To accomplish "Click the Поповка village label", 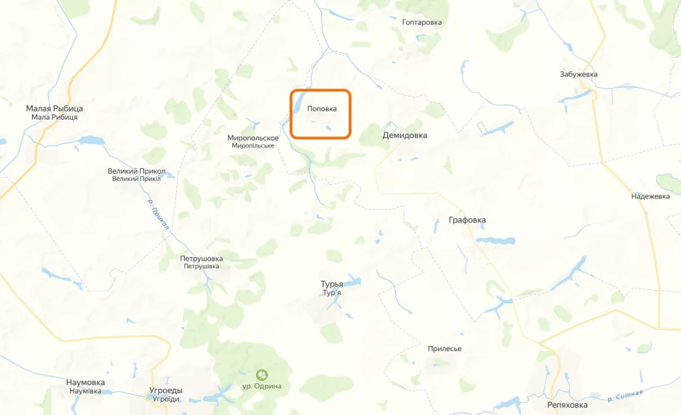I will pos(322,109).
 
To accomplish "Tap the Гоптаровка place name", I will pos(422,23).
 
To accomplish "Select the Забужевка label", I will pos(579,74).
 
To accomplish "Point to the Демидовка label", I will pos(404,135).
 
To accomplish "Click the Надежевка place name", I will pos(650,196).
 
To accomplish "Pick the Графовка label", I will pos(467,220).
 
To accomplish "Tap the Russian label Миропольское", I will pos(253,138).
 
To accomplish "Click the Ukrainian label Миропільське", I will pos(253,146).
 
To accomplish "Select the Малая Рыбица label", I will pos(55,108).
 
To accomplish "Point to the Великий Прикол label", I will pos(136,171).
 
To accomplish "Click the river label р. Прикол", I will pos(158,216).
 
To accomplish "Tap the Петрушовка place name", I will pos(202,258).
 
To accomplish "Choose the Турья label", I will pos(332,284).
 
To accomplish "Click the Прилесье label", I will pos(445,349).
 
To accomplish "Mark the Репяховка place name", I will pos(567,405).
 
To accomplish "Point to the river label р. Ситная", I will pos(625,396).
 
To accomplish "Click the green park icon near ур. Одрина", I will pos(263,374).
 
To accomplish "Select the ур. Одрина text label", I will pos(263,386).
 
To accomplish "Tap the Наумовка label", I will pos(85,382).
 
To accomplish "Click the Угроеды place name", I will pos(166,390).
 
